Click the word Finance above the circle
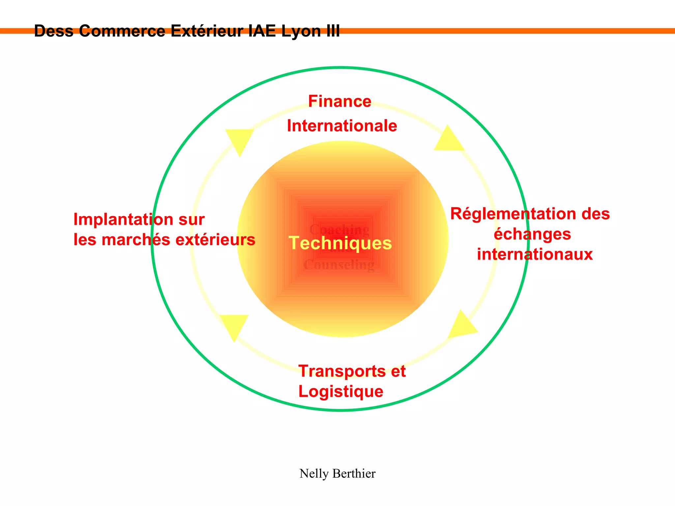[x=339, y=101]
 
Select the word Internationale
[x=342, y=126]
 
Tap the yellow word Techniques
[x=340, y=243]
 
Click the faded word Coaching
[x=339, y=229]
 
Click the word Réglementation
[x=513, y=214]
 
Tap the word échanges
[x=532, y=234]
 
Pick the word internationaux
[x=535, y=255]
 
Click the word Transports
[x=342, y=371]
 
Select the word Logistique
[x=341, y=392]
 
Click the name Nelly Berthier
[x=337, y=474]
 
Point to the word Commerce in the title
[x=122, y=31]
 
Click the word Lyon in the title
[x=301, y=31]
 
